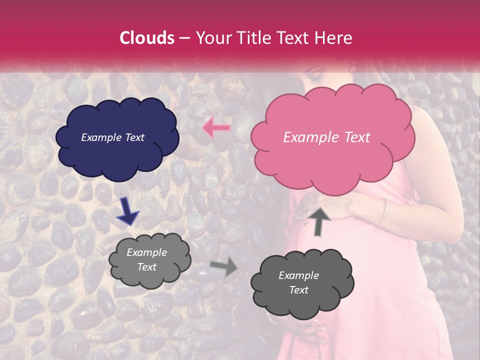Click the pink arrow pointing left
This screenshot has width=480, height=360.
(216, 128)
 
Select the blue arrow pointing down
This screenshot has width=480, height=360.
(128, 211)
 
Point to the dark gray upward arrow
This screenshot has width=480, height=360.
(318, 221)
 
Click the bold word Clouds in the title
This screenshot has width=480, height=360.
(146, 38)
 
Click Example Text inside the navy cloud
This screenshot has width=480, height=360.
(112, 137)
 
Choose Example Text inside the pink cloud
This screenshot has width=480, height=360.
(326, 137)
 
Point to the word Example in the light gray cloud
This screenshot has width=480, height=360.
(146, 252)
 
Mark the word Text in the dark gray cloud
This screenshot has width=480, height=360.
(298, 290)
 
